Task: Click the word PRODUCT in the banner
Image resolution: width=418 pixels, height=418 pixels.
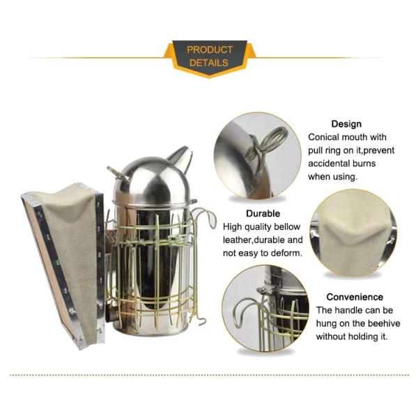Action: (x=210, y=49)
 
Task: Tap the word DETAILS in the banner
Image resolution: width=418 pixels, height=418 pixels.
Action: (x=209, y=63)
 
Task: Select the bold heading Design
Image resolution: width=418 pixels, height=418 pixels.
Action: (x=346, y=124)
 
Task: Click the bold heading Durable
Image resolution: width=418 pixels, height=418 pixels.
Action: (x=263, y=214)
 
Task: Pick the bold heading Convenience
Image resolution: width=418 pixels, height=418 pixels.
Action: (x=355, y=297)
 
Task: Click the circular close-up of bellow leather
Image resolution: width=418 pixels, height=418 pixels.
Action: (x=353, y=233)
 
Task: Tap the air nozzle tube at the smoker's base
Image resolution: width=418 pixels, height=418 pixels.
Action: (x=109, y=313)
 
